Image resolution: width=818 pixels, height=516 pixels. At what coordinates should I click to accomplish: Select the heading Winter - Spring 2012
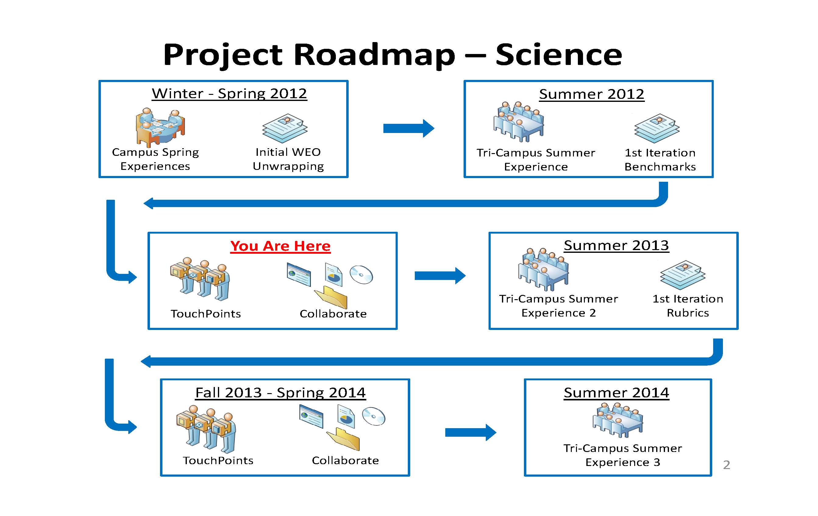click(x=229, y=94)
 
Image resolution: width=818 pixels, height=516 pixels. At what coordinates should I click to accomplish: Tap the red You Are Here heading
click(x=280, y=246)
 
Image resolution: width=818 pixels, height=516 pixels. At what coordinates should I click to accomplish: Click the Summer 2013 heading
click(x=616, y=245)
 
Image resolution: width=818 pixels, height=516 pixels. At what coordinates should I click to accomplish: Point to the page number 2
click(x=727, y=465)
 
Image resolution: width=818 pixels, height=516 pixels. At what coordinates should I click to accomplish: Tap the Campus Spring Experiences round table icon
click(x=160, y=127)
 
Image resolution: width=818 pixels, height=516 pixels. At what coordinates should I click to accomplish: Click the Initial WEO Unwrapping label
click(x=288, y=159)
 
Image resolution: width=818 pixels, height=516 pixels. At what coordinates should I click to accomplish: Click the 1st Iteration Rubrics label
click(x=688, y=306)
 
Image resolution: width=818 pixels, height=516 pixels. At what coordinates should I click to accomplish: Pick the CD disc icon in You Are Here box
click(x=361, y=274)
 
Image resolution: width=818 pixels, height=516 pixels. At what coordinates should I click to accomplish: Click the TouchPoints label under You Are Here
click(x=206, y=314)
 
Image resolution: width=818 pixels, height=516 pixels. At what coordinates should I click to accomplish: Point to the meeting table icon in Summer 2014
click(x=617, y=420)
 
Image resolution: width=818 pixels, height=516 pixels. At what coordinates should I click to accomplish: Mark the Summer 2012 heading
click(x=592, y=94)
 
